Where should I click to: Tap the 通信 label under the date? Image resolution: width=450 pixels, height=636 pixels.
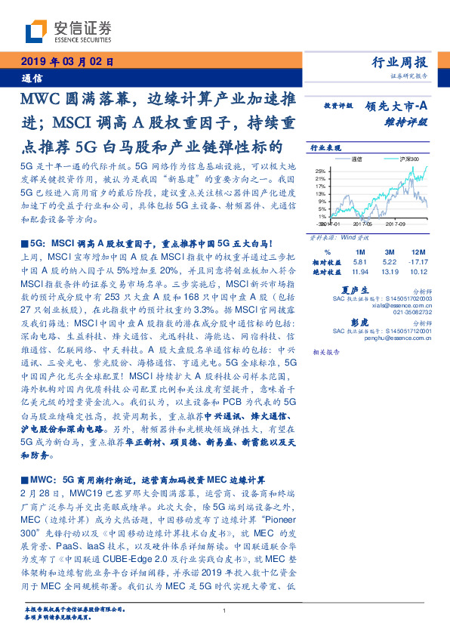pos(32,78)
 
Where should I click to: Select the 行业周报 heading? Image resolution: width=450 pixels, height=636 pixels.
pos(400,63)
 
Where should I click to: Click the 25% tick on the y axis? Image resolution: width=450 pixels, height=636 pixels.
pos(320,171)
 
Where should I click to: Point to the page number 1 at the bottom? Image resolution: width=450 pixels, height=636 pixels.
pos(224,611)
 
